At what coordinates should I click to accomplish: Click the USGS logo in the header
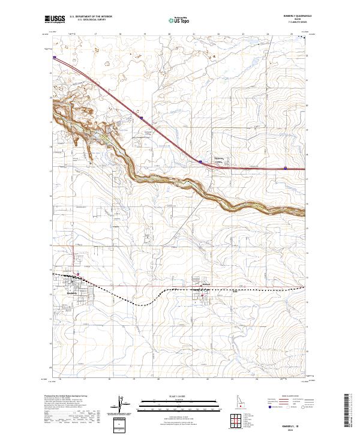(x=55, y=19)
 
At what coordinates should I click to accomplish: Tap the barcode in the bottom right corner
(x=350, y=411)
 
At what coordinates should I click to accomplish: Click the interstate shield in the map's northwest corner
(x=55, y=58)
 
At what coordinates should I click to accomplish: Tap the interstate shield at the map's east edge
(x=285, y=169)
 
